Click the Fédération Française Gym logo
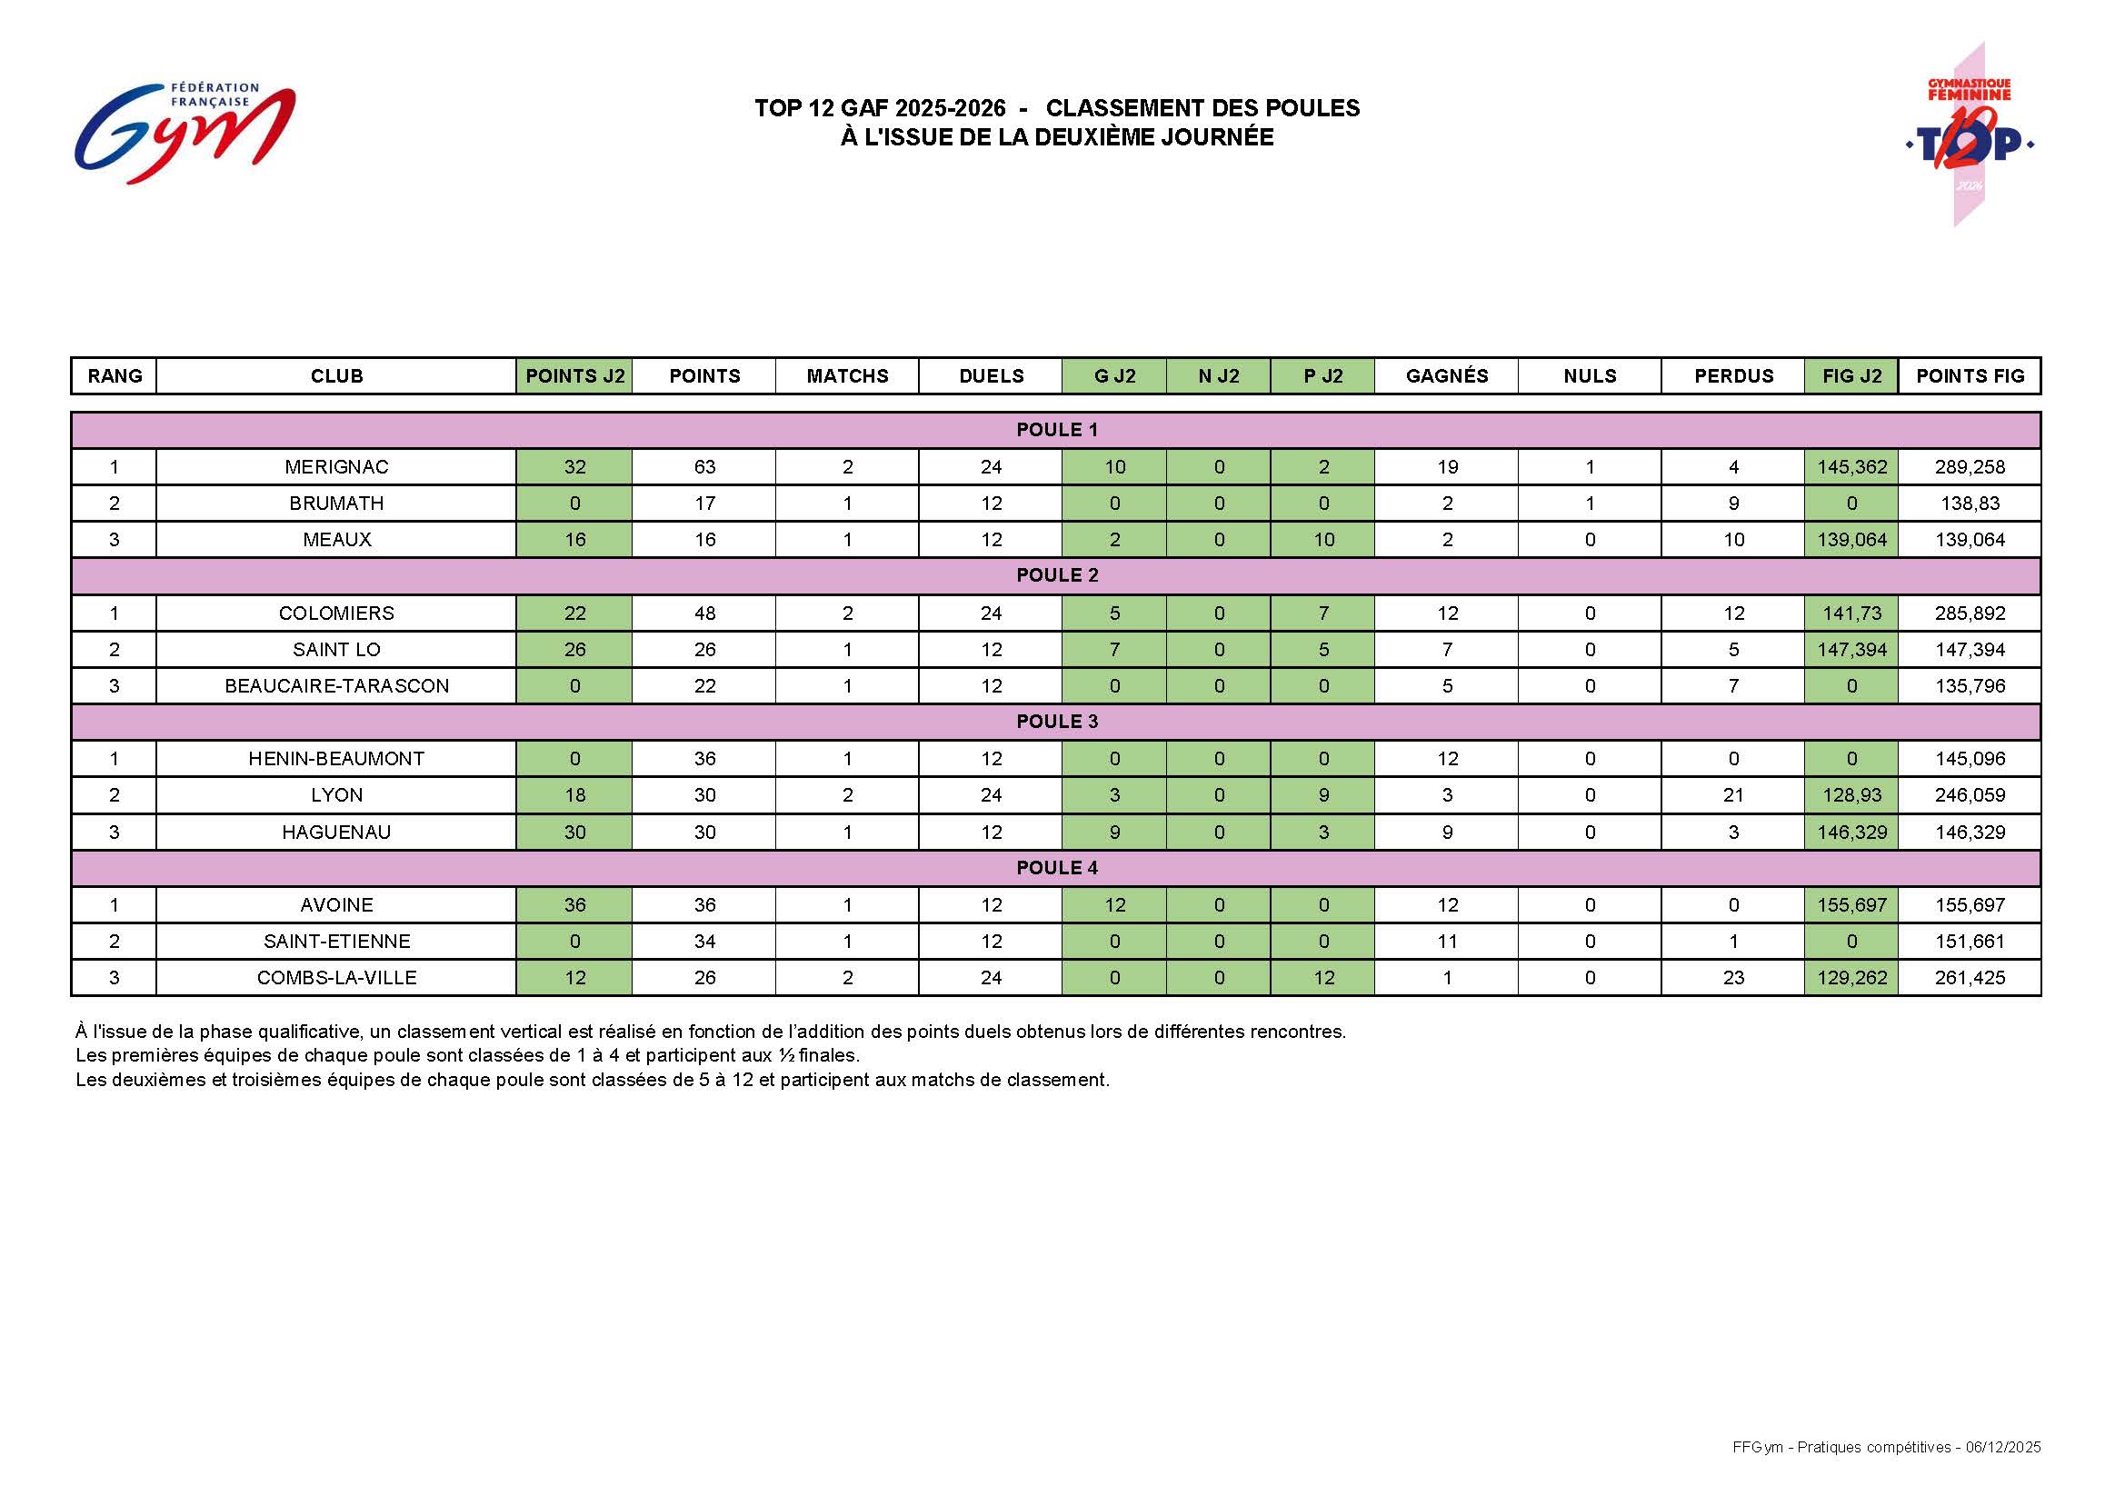(185, 133)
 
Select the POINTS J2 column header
(574, 376)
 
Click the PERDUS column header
(1732, 376)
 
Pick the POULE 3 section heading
(1056, 722)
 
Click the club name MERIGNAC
(336, 467)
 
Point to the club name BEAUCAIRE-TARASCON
(336, 686)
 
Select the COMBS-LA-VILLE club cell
(336, 977)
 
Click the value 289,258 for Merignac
(1970, 467)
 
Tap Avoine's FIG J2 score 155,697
(1851, 904)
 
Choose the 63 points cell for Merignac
(704, 467)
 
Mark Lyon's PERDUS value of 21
(1732, 795)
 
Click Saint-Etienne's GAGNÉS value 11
(1447, 942)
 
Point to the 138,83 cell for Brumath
(1970, 504)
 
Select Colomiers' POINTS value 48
(704, 613)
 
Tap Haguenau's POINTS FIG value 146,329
(1970, 833)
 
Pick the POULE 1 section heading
(1056, 430)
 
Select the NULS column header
(1590, 376)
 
